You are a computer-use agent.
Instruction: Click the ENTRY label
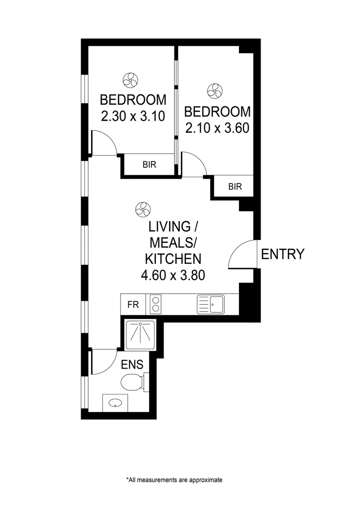(283, 254)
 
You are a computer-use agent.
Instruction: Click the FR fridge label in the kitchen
(133, 304)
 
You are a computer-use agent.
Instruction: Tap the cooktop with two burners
(155, 304)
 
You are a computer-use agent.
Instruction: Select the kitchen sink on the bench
(210, 304)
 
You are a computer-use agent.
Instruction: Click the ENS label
(132, 365)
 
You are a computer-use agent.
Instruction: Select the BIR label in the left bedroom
(149, 165)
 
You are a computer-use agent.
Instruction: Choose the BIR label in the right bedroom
(235, 187)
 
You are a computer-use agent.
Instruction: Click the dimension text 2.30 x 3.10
(133, 116)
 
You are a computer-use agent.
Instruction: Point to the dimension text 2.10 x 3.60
(217, 128)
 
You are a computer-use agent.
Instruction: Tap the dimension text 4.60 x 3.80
(172, 275)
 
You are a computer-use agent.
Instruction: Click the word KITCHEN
(172, 259)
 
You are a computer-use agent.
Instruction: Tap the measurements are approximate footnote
(174, 480)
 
